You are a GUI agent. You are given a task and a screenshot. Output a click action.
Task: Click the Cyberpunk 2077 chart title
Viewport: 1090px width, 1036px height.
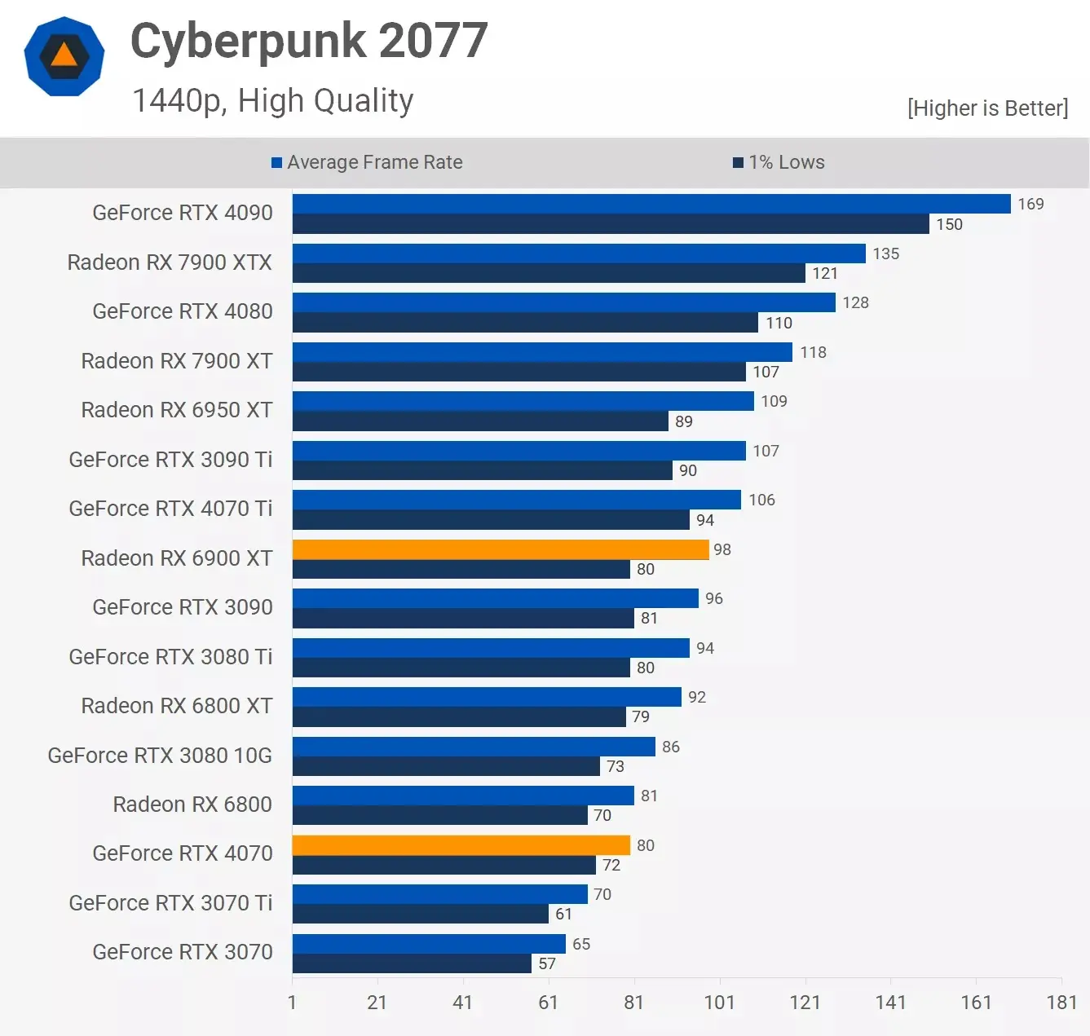coord(309,41)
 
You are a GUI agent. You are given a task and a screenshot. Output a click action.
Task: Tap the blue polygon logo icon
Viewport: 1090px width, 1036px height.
coord(64,57)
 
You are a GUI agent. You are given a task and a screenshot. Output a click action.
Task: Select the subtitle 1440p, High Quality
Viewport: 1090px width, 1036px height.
coord(273,101)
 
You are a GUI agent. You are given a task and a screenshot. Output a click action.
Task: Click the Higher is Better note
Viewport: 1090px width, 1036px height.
coord(987,108)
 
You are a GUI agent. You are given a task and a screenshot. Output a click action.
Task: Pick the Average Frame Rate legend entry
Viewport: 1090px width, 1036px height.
coord(367,162)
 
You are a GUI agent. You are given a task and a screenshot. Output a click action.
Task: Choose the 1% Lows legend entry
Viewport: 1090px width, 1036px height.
coord(779,162)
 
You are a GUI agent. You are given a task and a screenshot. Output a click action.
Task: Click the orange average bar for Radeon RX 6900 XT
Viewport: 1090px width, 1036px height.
coord(501,549)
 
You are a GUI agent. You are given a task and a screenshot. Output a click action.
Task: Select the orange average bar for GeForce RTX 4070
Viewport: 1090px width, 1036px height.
coord(461,845)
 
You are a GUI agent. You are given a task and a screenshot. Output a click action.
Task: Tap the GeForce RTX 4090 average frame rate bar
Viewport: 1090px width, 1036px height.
coord(651,204)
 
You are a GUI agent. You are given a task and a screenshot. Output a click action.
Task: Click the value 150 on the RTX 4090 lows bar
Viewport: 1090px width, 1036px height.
coord(949,224)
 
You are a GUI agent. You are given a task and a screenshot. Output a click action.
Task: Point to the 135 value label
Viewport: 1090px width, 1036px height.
coord(885,253)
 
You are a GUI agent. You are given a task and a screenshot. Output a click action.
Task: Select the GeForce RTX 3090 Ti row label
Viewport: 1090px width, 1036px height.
coord(170,460)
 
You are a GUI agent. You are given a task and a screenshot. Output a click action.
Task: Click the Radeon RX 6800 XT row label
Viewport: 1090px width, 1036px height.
coord(176,706)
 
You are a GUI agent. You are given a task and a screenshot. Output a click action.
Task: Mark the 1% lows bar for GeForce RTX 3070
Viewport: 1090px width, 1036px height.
coord(412,963)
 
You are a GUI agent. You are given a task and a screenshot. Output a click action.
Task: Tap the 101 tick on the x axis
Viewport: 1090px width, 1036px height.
coord(719,1002)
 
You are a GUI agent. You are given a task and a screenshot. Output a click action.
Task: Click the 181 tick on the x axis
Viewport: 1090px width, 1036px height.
coord(1061,1002)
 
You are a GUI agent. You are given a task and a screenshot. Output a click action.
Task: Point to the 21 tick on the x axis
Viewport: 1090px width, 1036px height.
coord(377,1002)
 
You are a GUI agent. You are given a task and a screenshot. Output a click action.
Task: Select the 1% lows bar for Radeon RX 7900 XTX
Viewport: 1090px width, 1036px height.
coord(549,273)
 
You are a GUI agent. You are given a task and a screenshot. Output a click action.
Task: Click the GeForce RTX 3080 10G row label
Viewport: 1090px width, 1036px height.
coord(160,756)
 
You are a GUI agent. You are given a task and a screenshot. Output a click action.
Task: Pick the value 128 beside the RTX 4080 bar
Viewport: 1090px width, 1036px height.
coord(855,302)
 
